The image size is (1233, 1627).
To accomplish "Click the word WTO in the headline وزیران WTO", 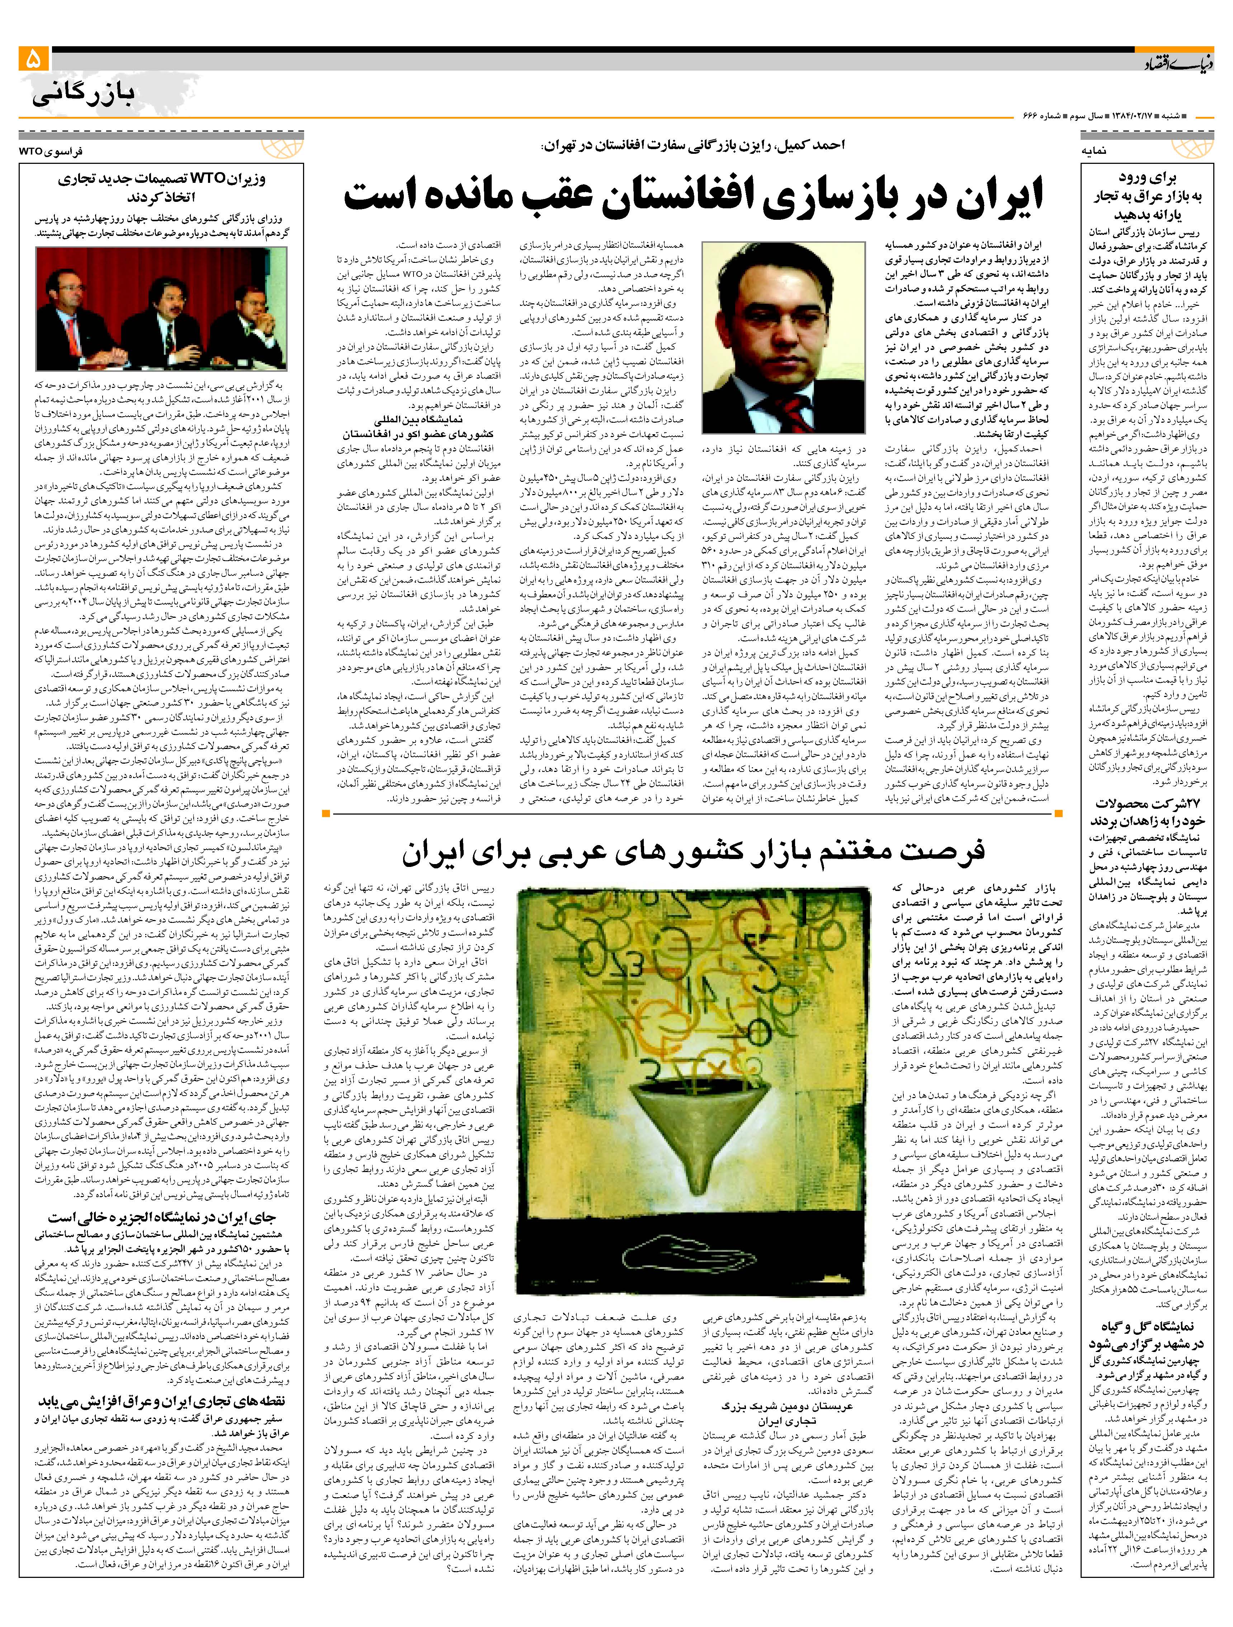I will tap(210, 179).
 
